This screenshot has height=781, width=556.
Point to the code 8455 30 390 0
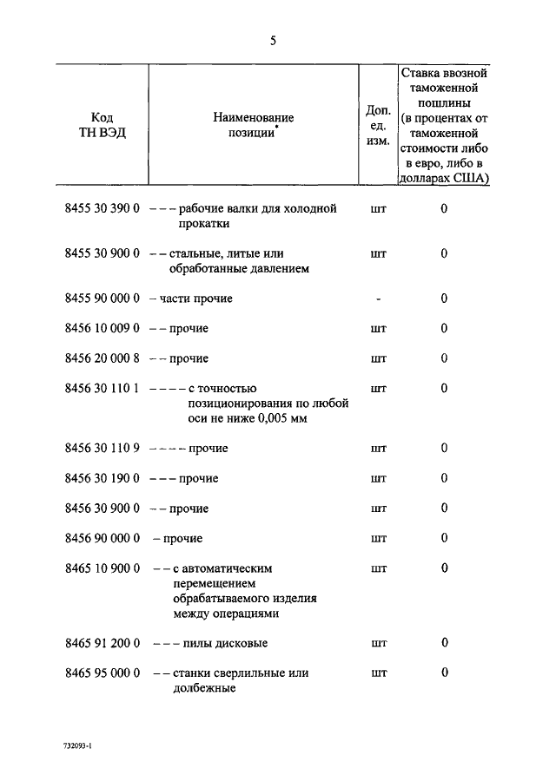pos(102,209)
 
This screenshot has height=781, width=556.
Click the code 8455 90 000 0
pos(102,299)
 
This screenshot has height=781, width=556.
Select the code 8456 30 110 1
pos(102,389)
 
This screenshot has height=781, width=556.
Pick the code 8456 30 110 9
pos(102,449)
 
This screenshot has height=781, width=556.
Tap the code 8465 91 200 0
pos(102,643)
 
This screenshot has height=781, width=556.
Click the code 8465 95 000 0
pos(102,673)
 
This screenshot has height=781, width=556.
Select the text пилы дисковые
pos(224,643)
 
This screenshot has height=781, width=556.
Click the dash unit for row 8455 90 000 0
pos(378,299)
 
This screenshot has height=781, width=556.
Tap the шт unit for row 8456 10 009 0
pos(378,329)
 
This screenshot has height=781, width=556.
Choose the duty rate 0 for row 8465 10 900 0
pos(444,568)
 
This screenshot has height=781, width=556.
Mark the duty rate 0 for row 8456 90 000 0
pos(444,538)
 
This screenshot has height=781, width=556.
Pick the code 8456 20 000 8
pos(102,358)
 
